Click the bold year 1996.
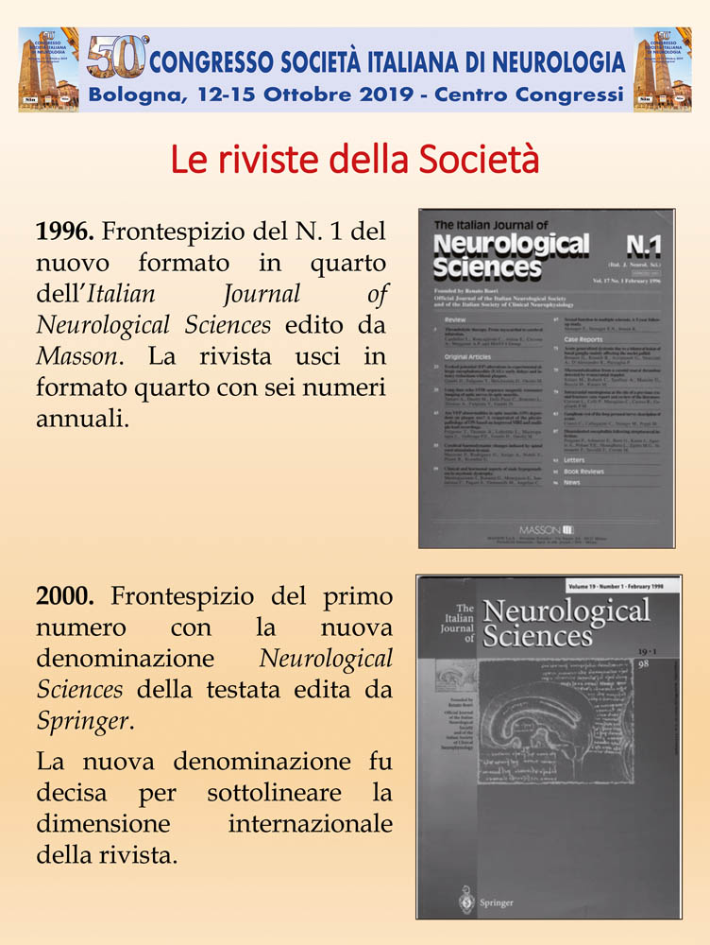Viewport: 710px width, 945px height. tap(64, 232)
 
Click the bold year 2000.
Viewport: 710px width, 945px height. tap(64, 596)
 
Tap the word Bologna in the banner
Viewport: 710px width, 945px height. tap(133, 94)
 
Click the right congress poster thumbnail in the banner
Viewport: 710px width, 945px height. tap(662, 69)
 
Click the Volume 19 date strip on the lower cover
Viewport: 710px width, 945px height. tap(617, 586)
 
